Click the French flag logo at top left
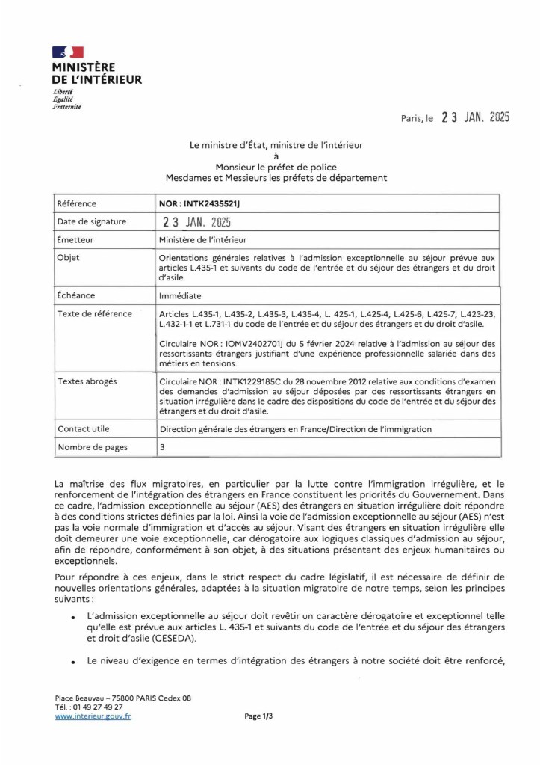(x=68, y=52)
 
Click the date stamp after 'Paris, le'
(x=475, y=118)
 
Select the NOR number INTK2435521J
(x=201, y=203)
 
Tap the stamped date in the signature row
(x=197, y=222)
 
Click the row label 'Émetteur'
(x=76, y=240)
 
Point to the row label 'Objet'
(x=69, y=258)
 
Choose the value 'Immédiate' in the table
(x=180, y=296)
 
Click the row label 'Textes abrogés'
(x=87, y=381)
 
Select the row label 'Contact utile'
(x=84, y=429)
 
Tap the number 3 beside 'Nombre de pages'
(x=163, y=447)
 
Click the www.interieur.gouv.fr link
(x=93, y=716)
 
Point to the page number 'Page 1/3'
(x=258, y=716)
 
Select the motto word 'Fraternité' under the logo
(x=66, y=107)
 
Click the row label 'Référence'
(x=77, y=203)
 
